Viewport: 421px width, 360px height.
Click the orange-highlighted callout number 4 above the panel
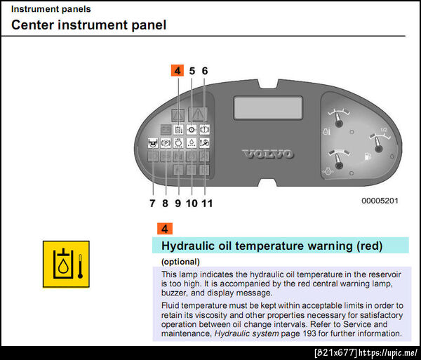[178, 71]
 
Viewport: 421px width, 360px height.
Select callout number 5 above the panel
[192, 71]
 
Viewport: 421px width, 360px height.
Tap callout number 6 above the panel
[205, 71]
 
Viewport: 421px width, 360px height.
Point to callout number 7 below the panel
[152, 204]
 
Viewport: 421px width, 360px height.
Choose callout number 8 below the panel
[165, 204]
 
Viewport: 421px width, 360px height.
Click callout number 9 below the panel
[178, 204]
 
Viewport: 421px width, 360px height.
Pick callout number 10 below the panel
[192, 204]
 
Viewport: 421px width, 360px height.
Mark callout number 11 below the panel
[207, 204]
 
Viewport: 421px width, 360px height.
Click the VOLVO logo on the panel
[268, 154]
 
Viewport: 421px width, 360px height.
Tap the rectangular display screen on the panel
[268, 107]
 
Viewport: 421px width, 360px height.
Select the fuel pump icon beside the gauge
[368, 156]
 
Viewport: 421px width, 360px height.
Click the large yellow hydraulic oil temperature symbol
[66, 264]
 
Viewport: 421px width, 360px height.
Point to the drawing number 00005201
[380, 201]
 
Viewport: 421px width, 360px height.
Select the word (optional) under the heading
[180, 262]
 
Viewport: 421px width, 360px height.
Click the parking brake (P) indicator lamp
[166, 143]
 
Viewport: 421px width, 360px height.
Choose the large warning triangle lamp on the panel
[198, 115]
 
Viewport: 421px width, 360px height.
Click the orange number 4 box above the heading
[165, 229]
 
